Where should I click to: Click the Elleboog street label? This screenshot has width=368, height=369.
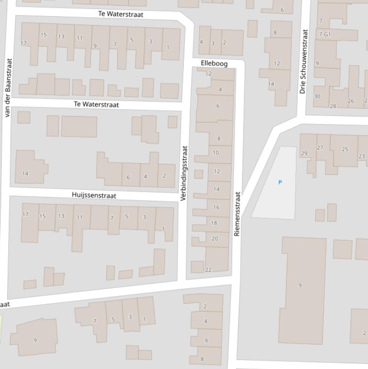click(x=214, y=63)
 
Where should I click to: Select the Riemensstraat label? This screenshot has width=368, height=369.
click(x=237, y=214)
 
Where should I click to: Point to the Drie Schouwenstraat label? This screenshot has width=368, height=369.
click(x=303, y=61)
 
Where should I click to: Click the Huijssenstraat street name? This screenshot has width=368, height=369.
click(x=94, y=196)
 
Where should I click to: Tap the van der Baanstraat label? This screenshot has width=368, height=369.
click(x=7, y=88)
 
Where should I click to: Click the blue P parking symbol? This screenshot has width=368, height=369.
click(x=280, y=182)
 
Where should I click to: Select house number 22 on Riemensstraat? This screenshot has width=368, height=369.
click(x=208, y=270)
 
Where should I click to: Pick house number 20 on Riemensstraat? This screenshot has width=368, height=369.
click(x=214, y=239)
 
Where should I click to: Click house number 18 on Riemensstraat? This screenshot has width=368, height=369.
click(x=214, y=223)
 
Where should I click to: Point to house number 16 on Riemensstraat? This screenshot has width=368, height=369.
click(x=216, y=207)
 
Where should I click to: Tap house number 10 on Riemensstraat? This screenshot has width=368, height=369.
click(x=215, y=153)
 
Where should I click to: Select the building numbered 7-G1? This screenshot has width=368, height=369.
click(x=324, y=35)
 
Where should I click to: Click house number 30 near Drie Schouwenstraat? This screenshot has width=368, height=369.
click(x=317, y=96)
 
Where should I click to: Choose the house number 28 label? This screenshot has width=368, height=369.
click(x=333, y=106)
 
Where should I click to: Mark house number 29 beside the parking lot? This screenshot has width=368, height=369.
click(x=304, y=153)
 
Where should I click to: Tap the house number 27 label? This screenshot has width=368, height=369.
click(x=320, y=148)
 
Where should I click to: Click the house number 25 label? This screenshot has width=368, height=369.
click(x=345, y=150)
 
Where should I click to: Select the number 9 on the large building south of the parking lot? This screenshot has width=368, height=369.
click(x=300, y=285)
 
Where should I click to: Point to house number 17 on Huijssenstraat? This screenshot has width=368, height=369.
click(x=25, y=214)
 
